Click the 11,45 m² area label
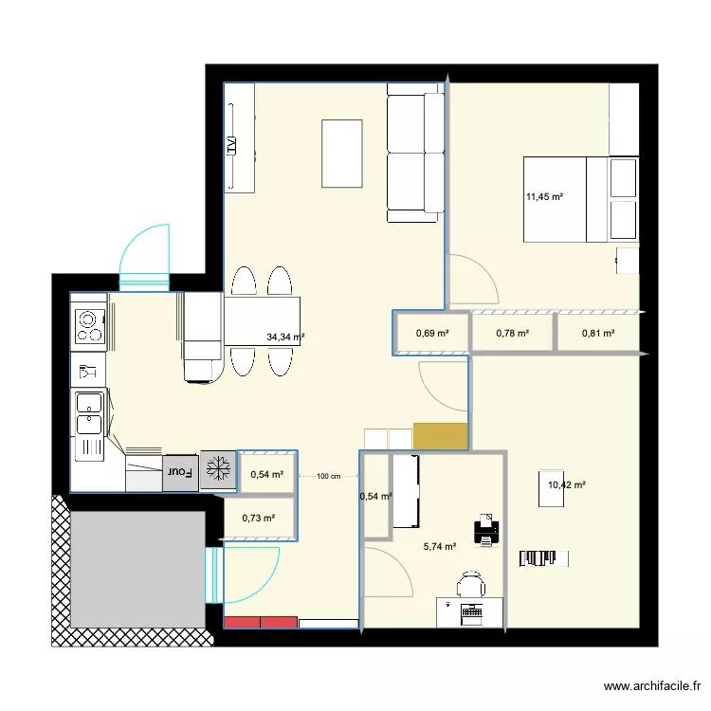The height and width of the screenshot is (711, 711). [x=545, y=197]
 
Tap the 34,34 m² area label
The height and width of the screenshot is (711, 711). [x=285, y=337]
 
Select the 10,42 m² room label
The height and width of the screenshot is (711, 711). [x=567, y=485]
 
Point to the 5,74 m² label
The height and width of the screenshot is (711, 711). [x=440, y=546]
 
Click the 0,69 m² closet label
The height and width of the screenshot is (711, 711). [x=431, y=333]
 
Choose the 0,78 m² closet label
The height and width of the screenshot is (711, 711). [x=512, y=333]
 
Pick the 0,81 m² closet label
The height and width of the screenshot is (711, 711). [x=597, y=333]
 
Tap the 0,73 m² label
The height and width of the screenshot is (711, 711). [x=258, y=518]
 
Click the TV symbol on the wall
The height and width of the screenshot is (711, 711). [x=230, y=146]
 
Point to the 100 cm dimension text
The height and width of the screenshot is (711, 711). [x=328, y=477]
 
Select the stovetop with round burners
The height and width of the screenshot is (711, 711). [x=90, y=325]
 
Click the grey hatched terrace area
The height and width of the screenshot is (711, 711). [x=137, y=569]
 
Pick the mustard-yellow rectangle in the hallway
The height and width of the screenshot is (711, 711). [x=441, y=436]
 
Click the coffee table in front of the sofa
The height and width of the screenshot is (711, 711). [x=342, y=153]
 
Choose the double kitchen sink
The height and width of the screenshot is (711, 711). [x=91, y=423]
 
